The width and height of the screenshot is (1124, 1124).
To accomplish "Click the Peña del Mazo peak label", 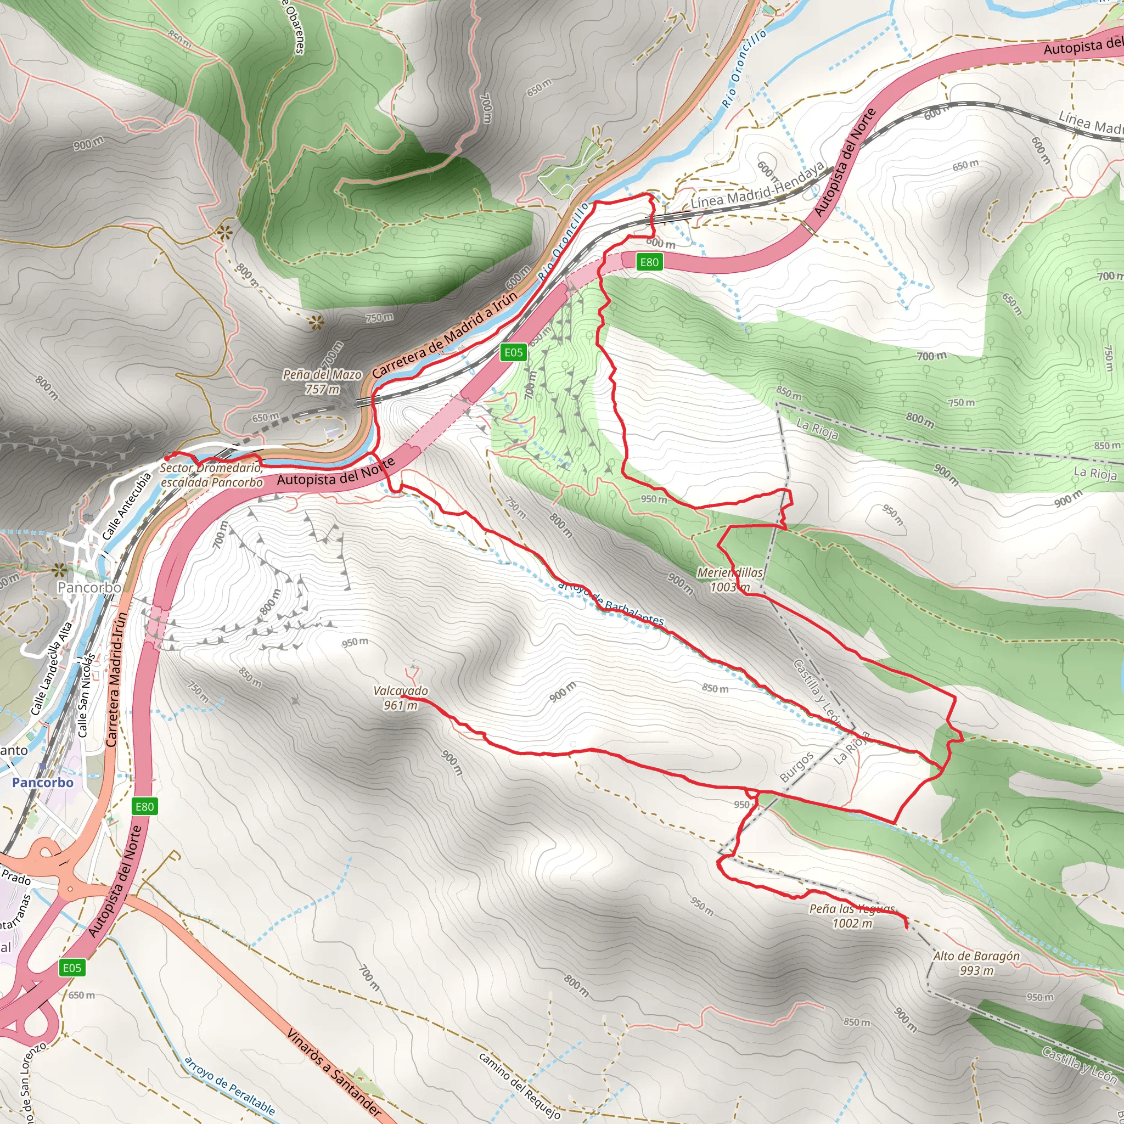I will (322, 381).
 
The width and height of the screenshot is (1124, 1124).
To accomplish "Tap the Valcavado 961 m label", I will (400, 698).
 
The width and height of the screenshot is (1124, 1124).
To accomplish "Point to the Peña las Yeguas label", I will (852, 917).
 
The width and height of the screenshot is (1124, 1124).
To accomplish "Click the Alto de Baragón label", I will (976, 963).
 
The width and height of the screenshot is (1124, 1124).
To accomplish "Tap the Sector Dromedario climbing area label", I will (211, 475).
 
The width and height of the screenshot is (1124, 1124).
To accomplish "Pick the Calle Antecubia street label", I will (126, 506).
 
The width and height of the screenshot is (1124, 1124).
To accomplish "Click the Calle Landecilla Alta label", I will (52, 668).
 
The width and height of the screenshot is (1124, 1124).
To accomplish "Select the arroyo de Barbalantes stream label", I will (610, 603).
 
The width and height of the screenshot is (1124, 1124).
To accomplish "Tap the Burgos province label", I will (796, 767).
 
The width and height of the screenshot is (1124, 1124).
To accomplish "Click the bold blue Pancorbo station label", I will (43, 783).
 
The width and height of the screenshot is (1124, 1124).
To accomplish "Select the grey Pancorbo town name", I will (89, 588).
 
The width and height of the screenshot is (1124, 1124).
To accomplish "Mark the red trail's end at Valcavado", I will (403, 696).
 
